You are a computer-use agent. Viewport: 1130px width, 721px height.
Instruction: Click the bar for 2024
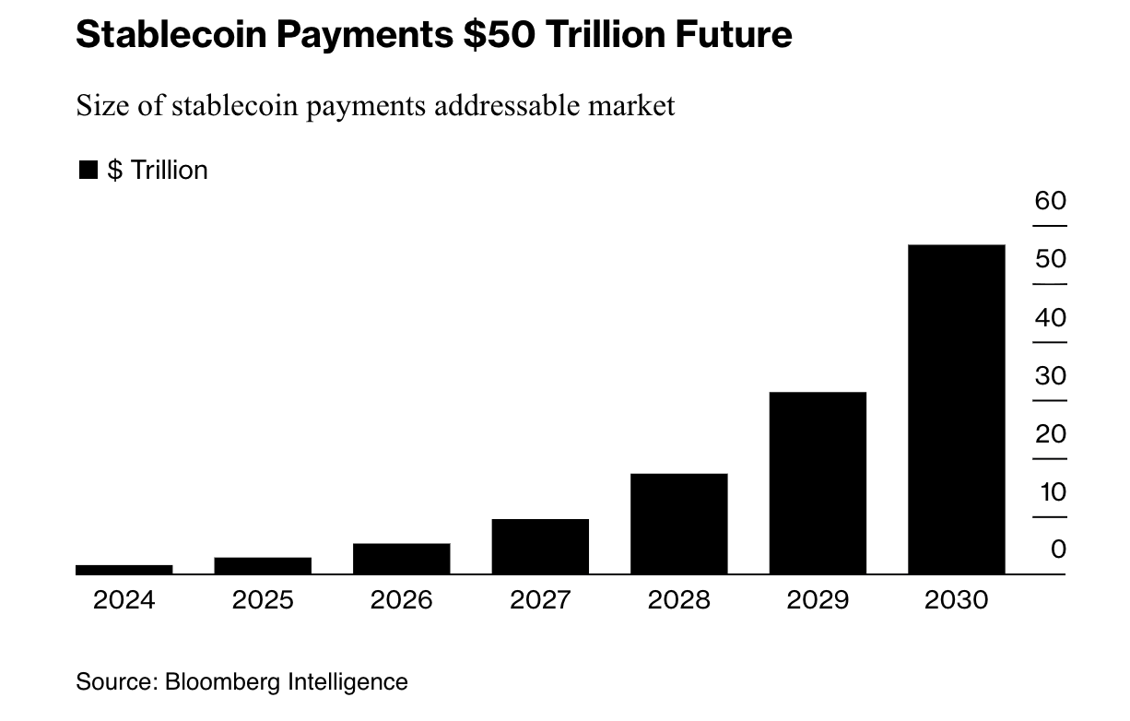click(x=124, y=569)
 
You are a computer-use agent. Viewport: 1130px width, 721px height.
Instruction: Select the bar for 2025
click(x=263, y=565)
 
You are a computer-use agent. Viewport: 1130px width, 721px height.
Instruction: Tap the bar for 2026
click(x=401, y=559)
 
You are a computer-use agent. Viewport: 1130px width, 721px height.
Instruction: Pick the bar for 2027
click(x=540, y=546)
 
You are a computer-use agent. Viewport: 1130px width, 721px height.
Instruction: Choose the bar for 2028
click(x=679, y=523)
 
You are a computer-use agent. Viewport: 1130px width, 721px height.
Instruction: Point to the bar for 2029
click(x=818, y=482)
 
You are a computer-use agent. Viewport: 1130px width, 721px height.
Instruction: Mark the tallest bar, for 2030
click(x=956, y=408)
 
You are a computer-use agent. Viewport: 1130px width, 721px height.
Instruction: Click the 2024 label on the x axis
click(x=124, y=600)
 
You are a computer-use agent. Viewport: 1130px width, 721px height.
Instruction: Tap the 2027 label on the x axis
click(x=540, y=600)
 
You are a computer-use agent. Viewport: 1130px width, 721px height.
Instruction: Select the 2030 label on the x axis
click(x=956, y=600)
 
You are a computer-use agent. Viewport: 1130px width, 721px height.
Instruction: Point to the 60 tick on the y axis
click(x=1050, y=201)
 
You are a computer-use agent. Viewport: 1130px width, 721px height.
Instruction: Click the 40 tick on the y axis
click(x=1050, y=318)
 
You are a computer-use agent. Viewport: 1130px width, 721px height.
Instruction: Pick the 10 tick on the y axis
click(x=1052, y=492)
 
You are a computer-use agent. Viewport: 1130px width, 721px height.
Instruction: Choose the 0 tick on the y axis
click(x=1057, y=550)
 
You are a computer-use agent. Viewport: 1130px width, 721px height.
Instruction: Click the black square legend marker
click(x=88, y=170)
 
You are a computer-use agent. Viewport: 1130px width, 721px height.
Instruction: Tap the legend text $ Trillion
click(x=158, y=170)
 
